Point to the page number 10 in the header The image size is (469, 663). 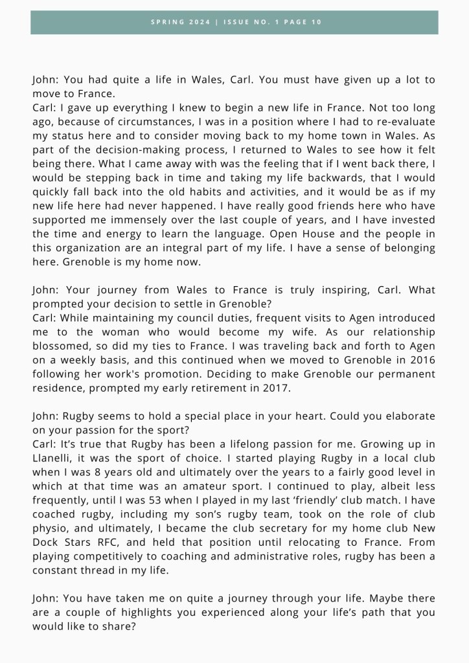click(316, 22)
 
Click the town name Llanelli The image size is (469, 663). click(54, 457)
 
